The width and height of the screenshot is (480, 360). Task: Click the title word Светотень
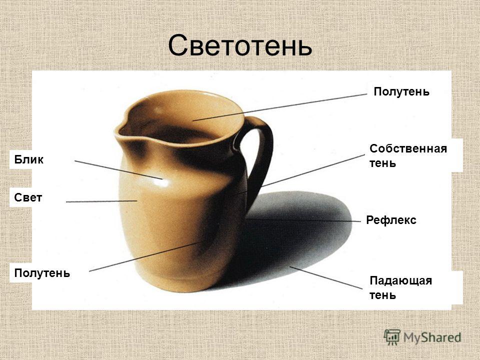coord(240,45)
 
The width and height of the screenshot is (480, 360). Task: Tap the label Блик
coord(29,159)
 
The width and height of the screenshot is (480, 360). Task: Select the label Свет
coord(28,198)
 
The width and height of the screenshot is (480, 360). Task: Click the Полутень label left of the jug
coord(42,273)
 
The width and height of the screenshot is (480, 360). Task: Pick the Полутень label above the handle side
coord(401,91)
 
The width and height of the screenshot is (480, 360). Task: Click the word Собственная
coord(408,149)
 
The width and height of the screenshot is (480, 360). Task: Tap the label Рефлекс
coord(391,220)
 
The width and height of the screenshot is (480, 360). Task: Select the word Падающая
coord(400,280)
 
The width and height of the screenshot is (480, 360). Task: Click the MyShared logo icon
coord(392,337)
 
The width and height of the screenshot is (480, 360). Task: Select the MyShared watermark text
coord(432,337)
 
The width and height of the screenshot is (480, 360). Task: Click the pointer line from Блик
coord(118,170)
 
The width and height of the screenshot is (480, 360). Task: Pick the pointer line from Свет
coord(101,201)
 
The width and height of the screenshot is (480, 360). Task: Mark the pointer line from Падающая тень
coord(325,277)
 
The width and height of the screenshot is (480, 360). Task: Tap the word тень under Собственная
coord(382,163)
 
